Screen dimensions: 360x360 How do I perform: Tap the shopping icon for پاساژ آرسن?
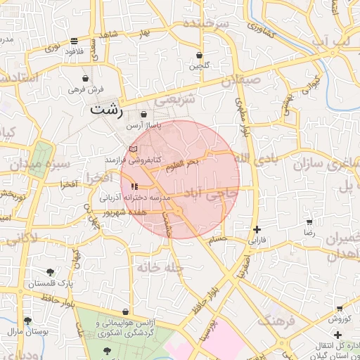coord(143,115)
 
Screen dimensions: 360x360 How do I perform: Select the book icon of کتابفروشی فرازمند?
coord(134,149)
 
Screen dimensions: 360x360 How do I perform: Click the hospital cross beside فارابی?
coord(257,229)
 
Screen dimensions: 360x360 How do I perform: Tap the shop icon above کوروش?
coord(340,308)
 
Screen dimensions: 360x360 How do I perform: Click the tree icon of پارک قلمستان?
coord(50,272)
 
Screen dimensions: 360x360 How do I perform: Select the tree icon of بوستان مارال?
coord(27,321)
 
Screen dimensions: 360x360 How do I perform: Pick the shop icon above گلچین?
coord(200,55)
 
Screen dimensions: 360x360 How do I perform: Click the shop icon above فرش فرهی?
coord(86,78)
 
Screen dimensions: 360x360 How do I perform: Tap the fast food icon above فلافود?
coord(75,41)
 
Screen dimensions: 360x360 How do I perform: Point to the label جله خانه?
coord(160,267)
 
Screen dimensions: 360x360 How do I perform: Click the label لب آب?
coord(330,41)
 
